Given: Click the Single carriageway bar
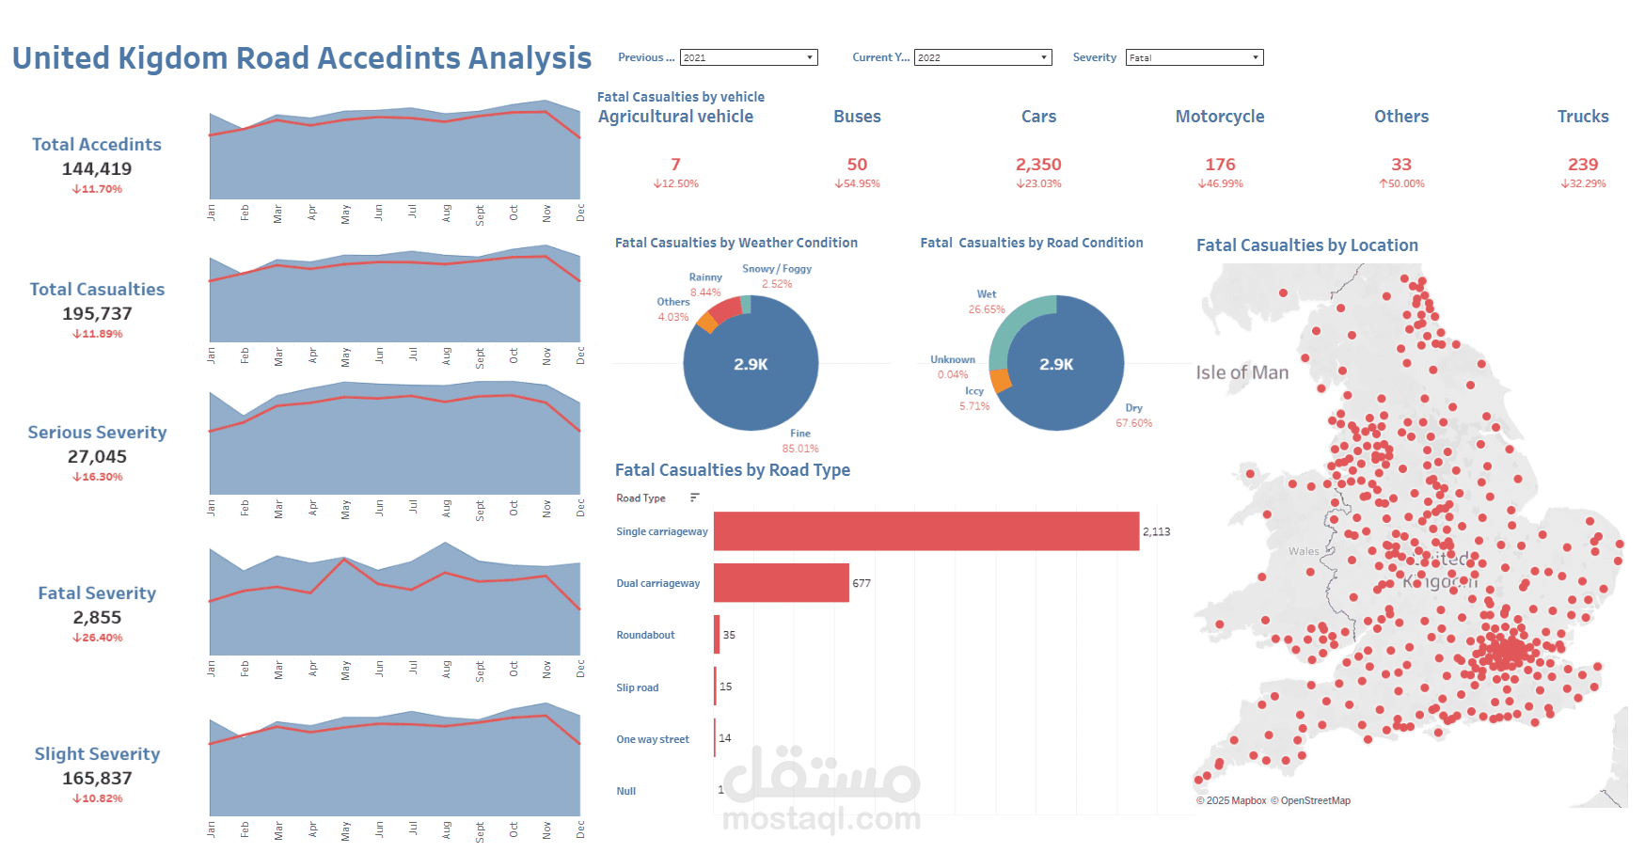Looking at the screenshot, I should (925, 531).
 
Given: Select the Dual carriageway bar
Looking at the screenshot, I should (781, 583).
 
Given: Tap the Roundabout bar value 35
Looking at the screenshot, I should (729, 635).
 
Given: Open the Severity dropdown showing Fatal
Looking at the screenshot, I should (1194, 57).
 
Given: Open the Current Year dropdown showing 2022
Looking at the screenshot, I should (982, 57).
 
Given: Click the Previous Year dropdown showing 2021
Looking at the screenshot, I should (748, 57).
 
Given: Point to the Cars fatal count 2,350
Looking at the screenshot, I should (1038, 165).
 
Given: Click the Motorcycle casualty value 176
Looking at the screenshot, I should (1220, 165).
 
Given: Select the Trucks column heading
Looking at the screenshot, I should (1582, 117).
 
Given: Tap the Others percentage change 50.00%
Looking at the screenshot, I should (1401, 184).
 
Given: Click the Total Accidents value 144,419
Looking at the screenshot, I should (97, 169).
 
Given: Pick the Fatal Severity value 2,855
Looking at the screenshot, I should (97, 618).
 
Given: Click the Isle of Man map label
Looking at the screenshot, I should (1242, 372).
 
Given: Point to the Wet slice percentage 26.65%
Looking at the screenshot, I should (987, 309).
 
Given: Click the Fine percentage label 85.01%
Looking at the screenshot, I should (800, 449).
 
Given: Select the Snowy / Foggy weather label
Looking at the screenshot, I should (777, 269).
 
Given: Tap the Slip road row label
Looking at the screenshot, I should (637, 687).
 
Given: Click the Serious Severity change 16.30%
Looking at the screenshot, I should (98, 477).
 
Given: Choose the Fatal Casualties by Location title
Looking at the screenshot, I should (1306, 245).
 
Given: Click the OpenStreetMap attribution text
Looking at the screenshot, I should (1314, 801).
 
